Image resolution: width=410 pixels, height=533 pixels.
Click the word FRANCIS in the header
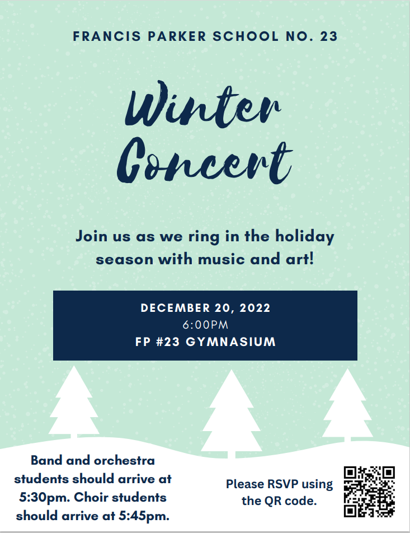(107, 36)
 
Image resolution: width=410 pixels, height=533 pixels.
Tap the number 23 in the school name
(328, 36)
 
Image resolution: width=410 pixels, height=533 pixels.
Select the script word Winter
(203, 104)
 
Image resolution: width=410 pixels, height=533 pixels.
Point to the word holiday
(305, 237)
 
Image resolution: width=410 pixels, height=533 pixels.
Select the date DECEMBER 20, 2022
(205, 308)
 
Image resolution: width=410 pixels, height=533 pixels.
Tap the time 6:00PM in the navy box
(205, 325)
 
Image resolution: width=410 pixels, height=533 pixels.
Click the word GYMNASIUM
(230, 342)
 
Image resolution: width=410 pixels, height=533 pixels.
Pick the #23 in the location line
(168, 342)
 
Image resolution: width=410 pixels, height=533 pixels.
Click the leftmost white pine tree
(74, 402)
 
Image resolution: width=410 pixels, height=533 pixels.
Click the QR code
(369, 492)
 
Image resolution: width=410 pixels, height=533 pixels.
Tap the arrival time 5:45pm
(144, 516)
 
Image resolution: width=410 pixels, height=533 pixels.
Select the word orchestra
(124, 461)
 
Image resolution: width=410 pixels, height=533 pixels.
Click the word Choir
(91, 497)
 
